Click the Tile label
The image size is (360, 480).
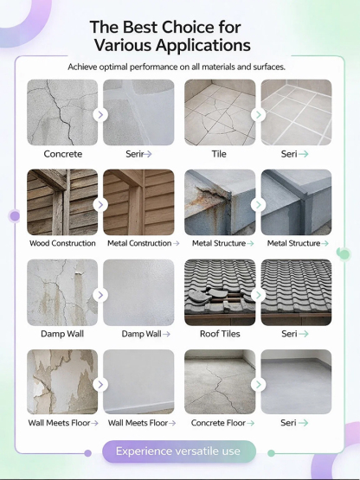pos(220,154)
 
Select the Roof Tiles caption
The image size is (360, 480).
pos(220,334)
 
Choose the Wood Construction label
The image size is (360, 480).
pos(62,244)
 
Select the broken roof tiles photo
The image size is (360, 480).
pos(220,291)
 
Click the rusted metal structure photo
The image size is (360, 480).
pos(220,202)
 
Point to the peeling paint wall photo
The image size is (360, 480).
pos(62,381)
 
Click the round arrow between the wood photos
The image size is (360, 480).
pos(101,204)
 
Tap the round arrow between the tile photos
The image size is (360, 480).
pos(259,114)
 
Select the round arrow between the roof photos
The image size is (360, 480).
pos(259,294)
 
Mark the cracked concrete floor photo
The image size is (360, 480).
pos(220,381)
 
